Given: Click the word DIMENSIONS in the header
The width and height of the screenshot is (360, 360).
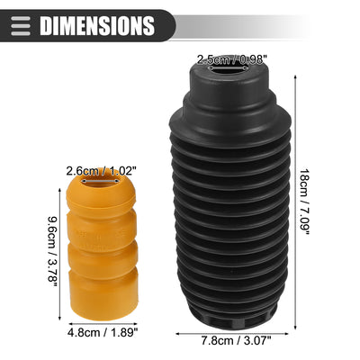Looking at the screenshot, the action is (x=97, y=26).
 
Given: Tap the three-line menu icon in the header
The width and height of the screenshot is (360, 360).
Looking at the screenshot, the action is (x=21, y=26).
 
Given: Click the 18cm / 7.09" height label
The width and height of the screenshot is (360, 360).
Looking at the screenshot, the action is (x=304, y=202).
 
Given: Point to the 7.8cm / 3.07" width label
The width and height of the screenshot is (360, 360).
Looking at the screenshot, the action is (x=236, y=340).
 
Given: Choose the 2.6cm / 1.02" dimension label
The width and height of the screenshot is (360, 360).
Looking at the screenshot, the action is (x=101, y=171).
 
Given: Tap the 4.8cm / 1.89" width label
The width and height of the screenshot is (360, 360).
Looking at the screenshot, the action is (x=103, y=332).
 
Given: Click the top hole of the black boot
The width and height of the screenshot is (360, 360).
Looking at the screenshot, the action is (x=229, y=68).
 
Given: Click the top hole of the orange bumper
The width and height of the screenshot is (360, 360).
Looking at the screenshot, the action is (x=101, y=181).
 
